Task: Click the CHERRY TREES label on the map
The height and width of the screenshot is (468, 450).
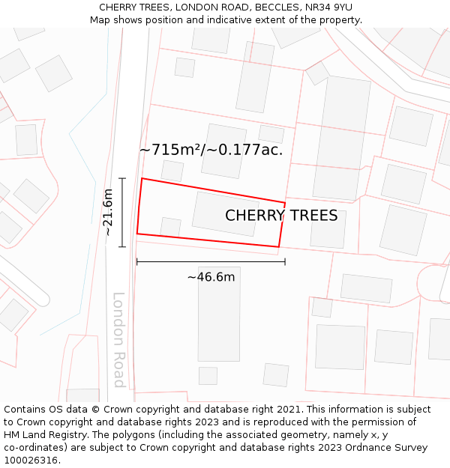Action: coord(281,216)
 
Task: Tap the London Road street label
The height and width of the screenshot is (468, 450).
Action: coord(118,339)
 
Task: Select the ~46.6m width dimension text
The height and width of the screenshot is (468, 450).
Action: coord(211,277)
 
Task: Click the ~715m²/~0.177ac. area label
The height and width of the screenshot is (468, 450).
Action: coord(211,150)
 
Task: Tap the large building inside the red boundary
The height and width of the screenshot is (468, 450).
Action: coord(226,214)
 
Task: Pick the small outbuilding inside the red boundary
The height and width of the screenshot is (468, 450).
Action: coord(170,226)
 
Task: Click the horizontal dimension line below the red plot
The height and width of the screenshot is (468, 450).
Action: coord(211,261)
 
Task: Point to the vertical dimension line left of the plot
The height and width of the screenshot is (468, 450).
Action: coord(122,212)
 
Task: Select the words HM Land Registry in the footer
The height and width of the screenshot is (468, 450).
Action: coord(46,435)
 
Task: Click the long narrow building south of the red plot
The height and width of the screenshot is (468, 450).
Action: coord(219,313)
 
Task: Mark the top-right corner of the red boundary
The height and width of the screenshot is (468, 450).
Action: coord(285,202)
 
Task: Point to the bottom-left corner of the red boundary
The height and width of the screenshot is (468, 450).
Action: coord(136,234)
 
